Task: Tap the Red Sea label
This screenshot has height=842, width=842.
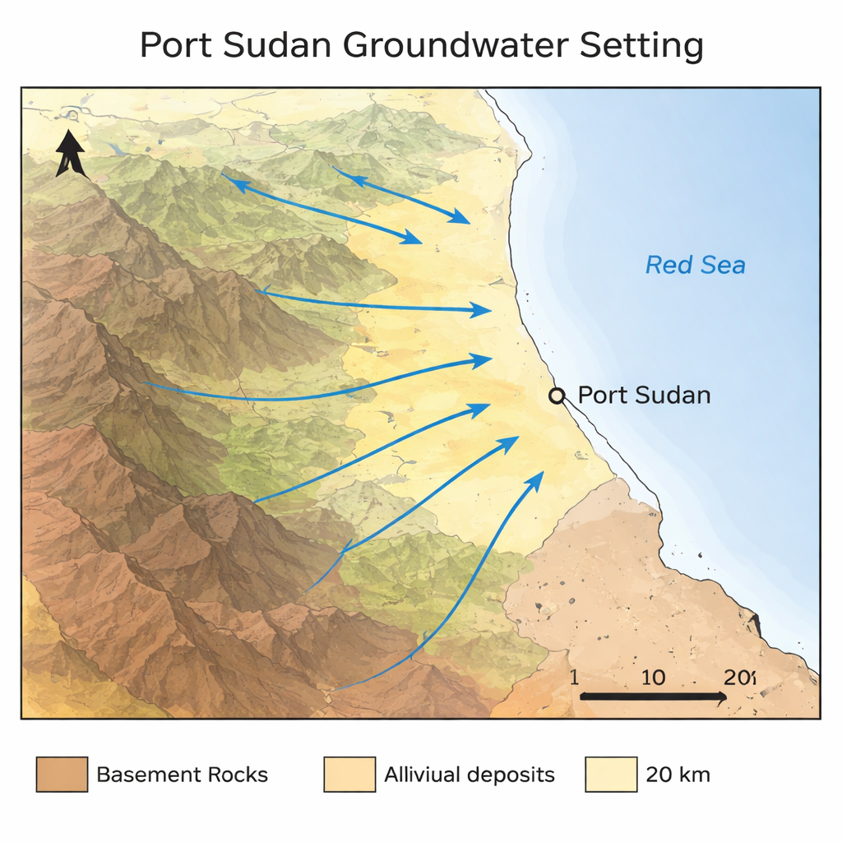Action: [x=695, y=266]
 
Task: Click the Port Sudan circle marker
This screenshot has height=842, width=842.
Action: [x=557, y=396]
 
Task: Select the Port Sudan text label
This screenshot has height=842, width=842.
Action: [x=644, y=396]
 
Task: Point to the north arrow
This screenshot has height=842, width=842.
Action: [x=70, y=153]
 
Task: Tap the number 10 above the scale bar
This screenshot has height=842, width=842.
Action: [x=653, y=678]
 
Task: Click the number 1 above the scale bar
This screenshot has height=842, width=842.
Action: [x=574, y=678]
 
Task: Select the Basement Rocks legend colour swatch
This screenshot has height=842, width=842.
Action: [x=62, y=775]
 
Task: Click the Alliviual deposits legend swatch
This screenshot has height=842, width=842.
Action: [x=349, y=775]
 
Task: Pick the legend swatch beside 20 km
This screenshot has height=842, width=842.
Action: [x=611, y=775]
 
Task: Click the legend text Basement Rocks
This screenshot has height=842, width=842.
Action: [x=182, y=775]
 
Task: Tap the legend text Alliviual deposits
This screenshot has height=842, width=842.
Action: [x=470, y=775]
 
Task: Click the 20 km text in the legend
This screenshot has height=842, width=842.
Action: [x=678, y=775]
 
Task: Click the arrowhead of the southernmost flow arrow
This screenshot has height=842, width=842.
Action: [x=538, y=479]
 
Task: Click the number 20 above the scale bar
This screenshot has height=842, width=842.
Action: [x=738, y=678]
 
